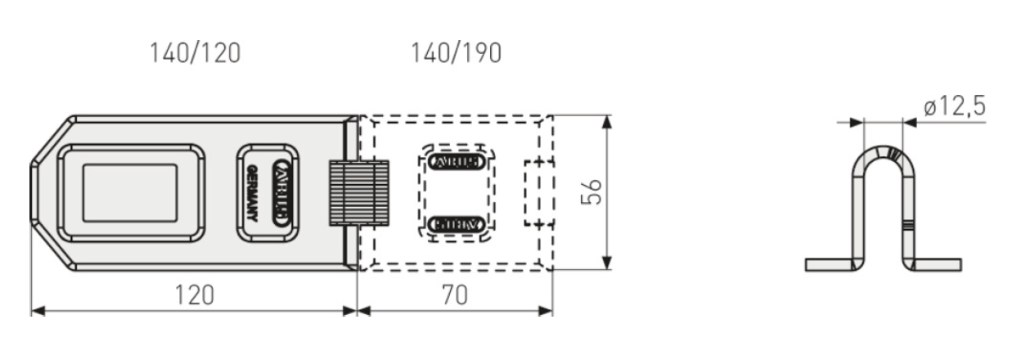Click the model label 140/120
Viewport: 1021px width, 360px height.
tap(195, 53)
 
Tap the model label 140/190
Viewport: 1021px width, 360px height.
tap(456, 53)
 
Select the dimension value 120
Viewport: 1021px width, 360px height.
tap(194, 295)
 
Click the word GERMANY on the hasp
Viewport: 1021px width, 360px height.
tap(252, 193)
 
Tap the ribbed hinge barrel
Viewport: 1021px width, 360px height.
tap(358, 193)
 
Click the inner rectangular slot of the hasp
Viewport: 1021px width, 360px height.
tap(130, 193)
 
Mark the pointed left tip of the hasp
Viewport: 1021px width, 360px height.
tap(33, 193)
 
